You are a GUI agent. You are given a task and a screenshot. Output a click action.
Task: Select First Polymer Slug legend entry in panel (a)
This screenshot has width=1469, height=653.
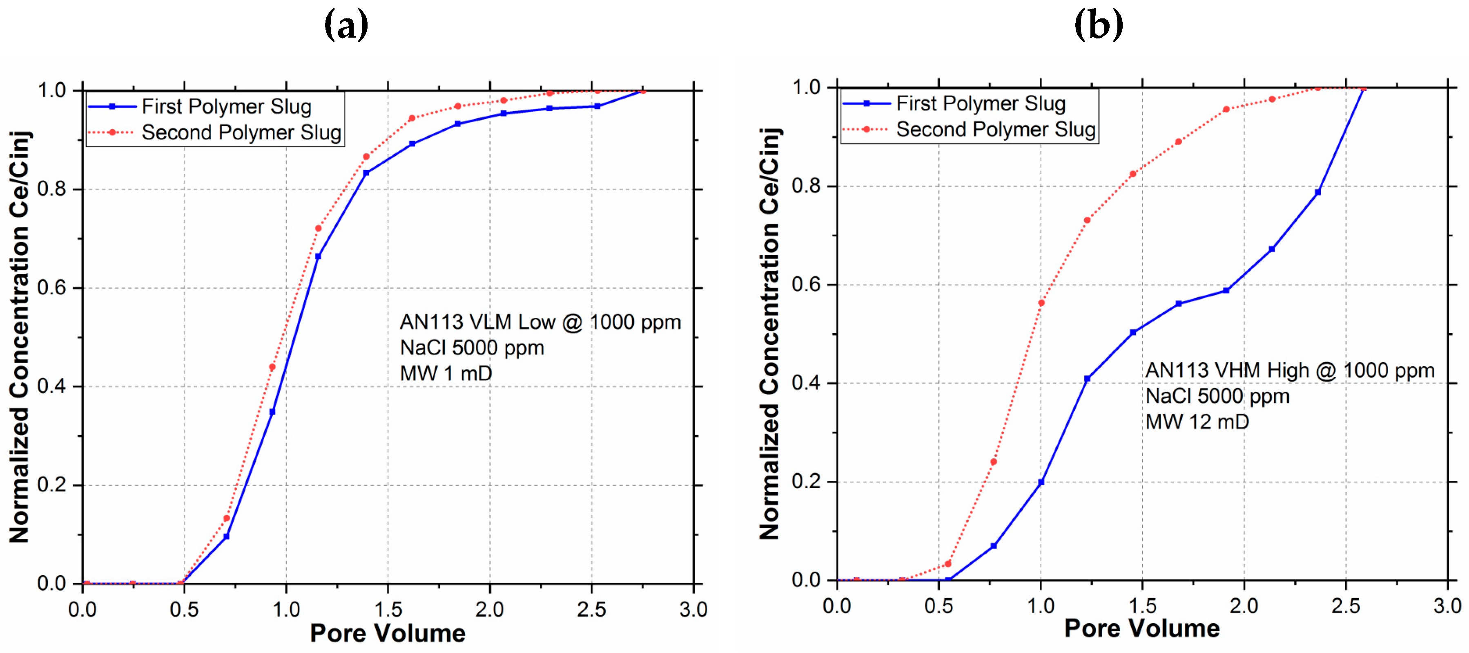coord(226,107)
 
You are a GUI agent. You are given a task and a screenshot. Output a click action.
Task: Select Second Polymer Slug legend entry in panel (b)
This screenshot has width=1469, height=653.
coord(995,130)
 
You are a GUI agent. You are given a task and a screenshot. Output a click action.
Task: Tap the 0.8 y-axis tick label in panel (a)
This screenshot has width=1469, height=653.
coord(52,189)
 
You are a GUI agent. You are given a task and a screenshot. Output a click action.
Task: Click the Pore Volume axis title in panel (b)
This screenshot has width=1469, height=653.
coord(1141,628)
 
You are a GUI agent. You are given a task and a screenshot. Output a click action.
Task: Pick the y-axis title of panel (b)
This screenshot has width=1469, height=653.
coord(770,334)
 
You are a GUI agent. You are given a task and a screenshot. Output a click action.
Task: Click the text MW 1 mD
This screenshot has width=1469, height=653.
coord(446,374)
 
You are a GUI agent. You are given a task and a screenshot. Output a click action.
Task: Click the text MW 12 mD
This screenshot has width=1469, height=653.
coord(1197,422)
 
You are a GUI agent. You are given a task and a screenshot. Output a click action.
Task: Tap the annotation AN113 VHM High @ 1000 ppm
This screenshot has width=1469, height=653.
coord(1289,370)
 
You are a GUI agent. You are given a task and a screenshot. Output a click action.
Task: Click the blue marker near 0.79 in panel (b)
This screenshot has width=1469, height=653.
coord(1317,192)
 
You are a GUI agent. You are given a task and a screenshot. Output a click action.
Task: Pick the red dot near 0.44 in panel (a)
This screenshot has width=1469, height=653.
coord(272,367)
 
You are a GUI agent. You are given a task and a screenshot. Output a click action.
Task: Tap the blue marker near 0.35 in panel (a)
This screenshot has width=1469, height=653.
coord(272,412)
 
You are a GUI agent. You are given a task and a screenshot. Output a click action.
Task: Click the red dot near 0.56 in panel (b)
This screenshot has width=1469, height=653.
coord(1041,303)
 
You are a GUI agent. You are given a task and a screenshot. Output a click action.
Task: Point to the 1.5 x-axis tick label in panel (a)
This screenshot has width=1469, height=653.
coord(388,610)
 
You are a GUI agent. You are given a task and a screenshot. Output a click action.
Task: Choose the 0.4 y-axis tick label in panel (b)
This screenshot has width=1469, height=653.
coord(806,383)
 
